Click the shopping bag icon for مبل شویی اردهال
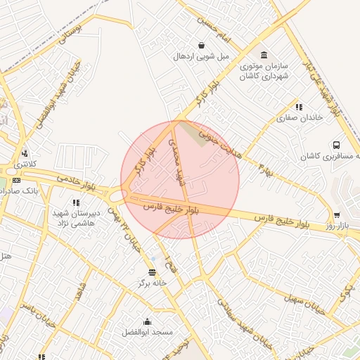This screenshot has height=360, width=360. [x=201, y=46]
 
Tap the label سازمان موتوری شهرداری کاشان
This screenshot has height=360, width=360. [x=264, y=70]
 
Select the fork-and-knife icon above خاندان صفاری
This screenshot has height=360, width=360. [x=299, y=108]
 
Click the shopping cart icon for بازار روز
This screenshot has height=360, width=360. [x=337, y=215]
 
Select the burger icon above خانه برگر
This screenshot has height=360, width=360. [x=152, y=272]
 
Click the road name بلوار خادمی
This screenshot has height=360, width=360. [x=75, y=183]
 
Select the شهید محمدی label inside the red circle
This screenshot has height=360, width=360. [x=177, y=161]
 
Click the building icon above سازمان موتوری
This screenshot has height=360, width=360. [x=264, y=56]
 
